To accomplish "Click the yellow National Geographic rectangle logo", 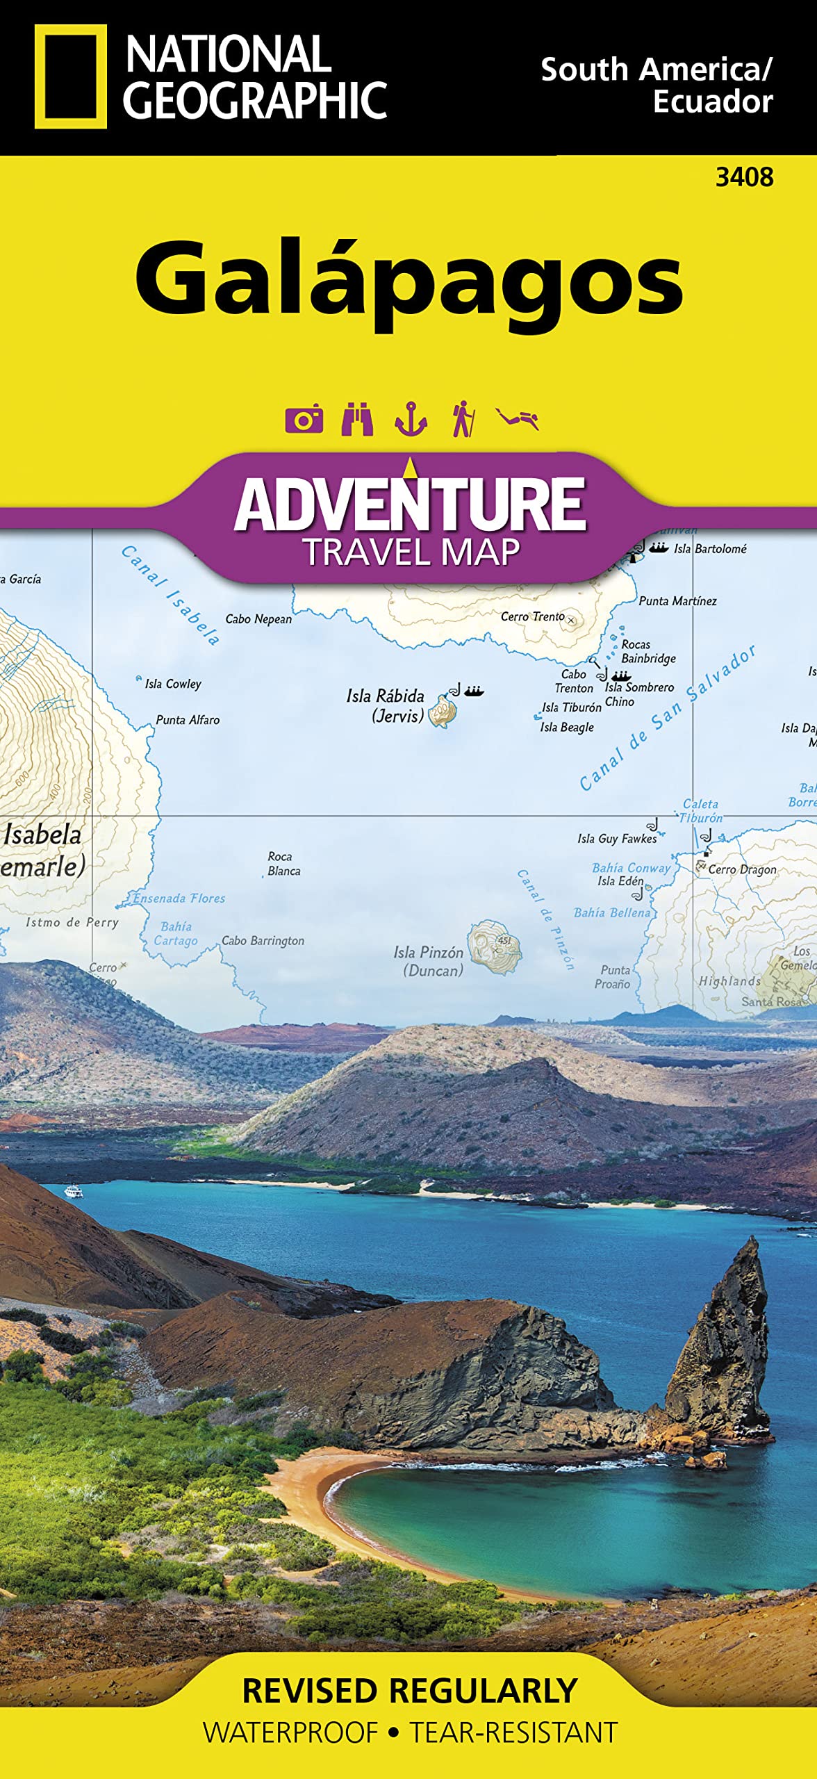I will coord(71,76).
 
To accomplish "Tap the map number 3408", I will coord(744,178).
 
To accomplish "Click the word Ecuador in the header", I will coord(713,102).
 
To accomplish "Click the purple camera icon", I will coord(304,419).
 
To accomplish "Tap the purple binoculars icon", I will coord(357,419).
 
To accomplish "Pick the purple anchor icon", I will coord(411,419).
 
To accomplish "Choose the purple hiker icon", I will coord(463,419).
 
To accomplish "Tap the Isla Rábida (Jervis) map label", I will coord(386,705).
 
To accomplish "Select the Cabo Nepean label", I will coord(258,618).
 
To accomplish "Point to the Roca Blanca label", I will coord(283,863).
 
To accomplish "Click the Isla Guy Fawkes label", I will coord(617,839).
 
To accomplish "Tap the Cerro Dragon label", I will coord(742,869).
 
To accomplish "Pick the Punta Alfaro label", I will coord(188,720).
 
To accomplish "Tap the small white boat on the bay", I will coord(74,1192).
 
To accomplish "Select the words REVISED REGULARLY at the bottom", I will coord(410,1691).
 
